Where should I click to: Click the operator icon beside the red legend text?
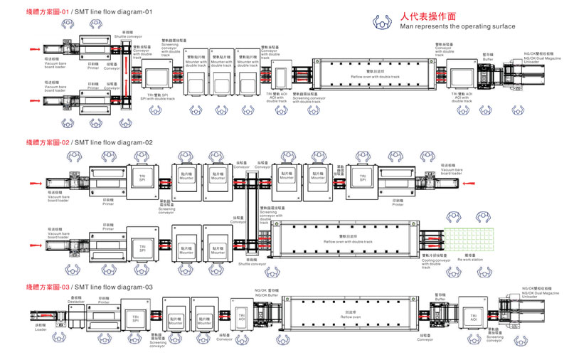(384, 21)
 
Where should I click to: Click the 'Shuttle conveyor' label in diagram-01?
(127, 36)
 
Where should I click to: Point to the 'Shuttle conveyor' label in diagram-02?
(252, 264)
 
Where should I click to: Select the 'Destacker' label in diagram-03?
(76, 302)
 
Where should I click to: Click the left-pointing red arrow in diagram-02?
(467, 183)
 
